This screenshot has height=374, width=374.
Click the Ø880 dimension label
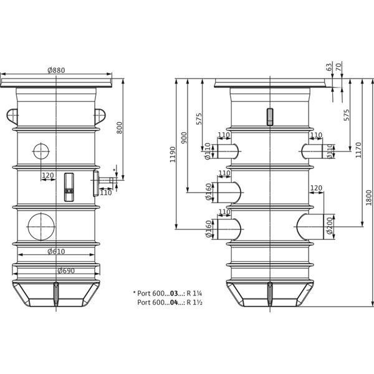(57, 70)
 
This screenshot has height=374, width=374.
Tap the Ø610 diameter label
(57, 252)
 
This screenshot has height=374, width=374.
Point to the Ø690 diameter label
(57, 271)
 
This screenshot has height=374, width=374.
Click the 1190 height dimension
(173, 153)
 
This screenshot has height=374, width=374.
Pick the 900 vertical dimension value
(184, 138)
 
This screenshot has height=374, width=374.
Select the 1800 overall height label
(368, 196)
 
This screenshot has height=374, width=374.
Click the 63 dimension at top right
(329, 67)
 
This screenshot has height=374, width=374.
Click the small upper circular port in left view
(40, 151)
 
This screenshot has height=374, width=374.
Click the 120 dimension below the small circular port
(47, 176)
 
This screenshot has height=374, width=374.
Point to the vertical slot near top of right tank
(269, 117)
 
